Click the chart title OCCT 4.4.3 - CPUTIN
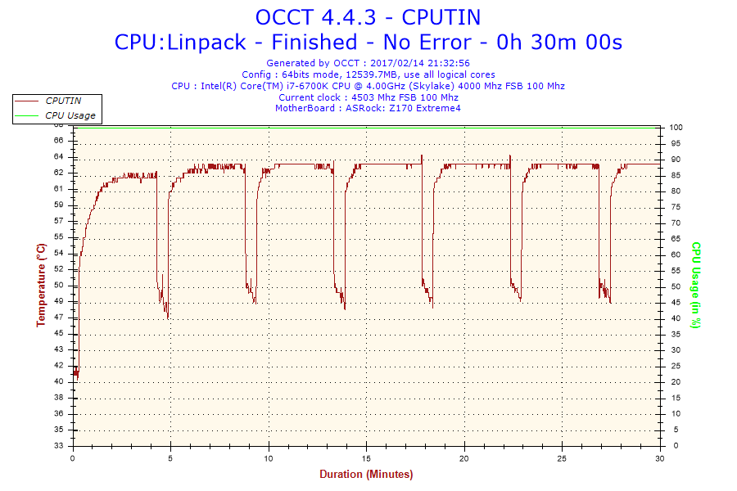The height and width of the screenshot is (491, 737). click(x=368, y=17)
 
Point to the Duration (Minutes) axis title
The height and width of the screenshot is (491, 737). click(x=366, y=474)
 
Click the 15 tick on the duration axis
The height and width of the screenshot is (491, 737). click(x=367, y=458)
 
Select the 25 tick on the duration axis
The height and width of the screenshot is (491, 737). click(x=563, y=458)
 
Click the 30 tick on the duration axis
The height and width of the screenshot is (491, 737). click(x=660, y=458)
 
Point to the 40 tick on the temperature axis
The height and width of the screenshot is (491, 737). click(x=59, y=381)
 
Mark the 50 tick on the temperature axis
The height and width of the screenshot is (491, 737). click(x=59, y=285)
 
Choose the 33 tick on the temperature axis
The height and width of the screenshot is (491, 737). click(x=59, y=446)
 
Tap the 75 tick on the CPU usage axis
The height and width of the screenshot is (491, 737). click(x=674, y=207)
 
